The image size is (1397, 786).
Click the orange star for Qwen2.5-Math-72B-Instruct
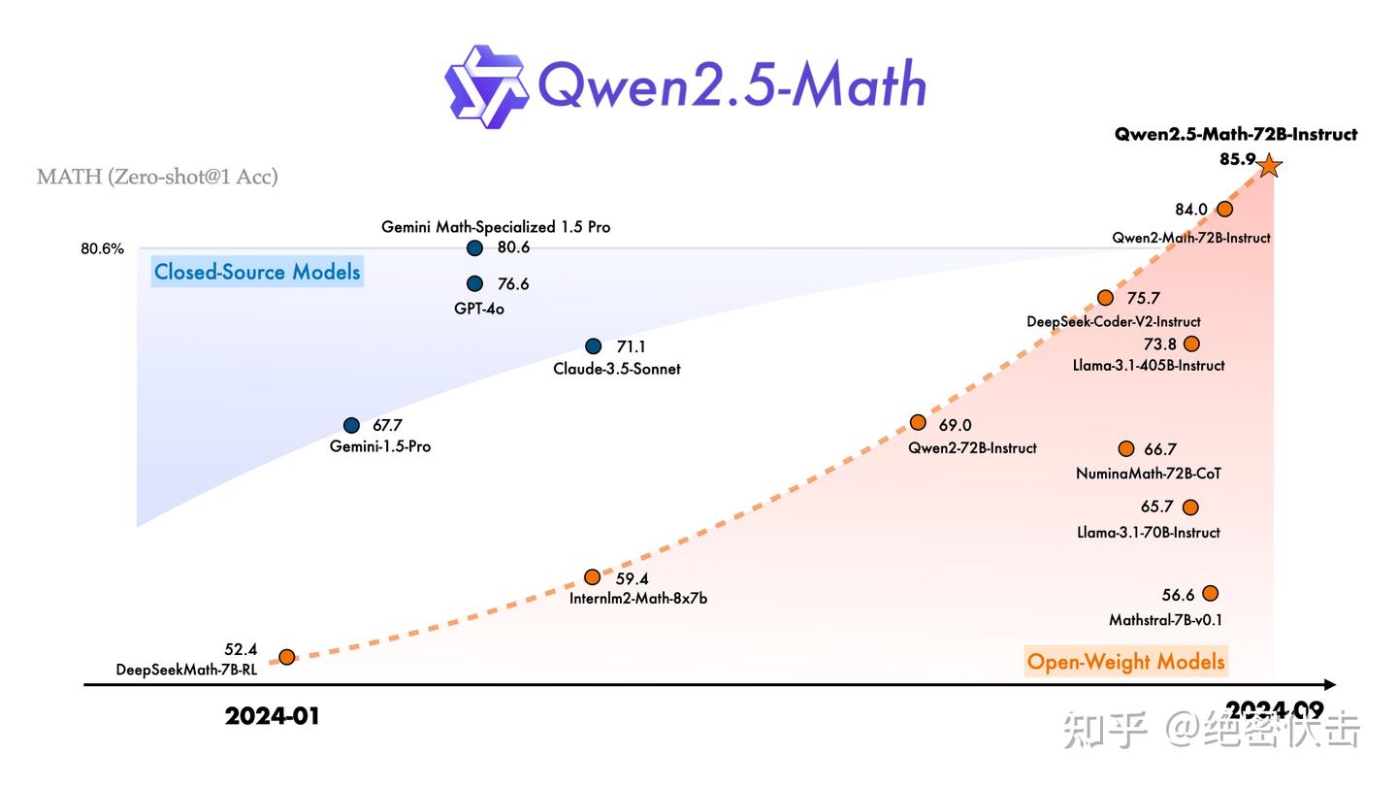click(x=1269, y=166)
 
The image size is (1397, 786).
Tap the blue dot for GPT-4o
click(x=474, y=283)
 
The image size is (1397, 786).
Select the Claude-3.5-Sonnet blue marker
click(x=594, y=346)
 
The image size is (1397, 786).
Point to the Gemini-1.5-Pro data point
click(x=352, y=425)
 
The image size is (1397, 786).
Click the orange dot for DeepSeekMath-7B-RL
click(x=287, y=657)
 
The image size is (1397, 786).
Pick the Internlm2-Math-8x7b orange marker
click(x=592, y=577)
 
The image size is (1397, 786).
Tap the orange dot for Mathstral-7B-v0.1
click(x=1210, y=594)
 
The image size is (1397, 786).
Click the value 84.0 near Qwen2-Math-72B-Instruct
click(x=1190, y=210)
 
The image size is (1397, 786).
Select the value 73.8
click(x=1159, y=344)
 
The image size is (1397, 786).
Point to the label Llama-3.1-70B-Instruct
click(x=1148, y=532)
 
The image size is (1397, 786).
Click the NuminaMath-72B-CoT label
click(x=1148, y=474)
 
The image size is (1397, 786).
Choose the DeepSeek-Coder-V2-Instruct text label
click(x=1113, y=321)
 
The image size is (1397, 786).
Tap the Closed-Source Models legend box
click(x=257, y=272)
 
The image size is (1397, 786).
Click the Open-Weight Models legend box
click(x=1125, y=662)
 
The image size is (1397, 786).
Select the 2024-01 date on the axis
click(x=272, y=716)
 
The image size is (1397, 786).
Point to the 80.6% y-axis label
click(x=102, y=248)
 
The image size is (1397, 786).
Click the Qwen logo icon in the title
click(x=486, y=86)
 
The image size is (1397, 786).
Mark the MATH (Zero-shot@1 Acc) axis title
click(x=157, y=177)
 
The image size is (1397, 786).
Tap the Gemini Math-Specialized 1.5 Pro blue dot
click(x=474, y=248)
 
